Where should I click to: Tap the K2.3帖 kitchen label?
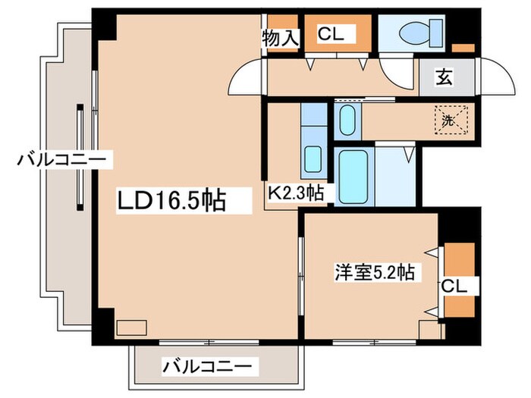(295, 193)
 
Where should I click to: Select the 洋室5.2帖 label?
(375, 272)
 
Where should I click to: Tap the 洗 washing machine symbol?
(451, 119)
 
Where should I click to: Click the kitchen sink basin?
(312, 160)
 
